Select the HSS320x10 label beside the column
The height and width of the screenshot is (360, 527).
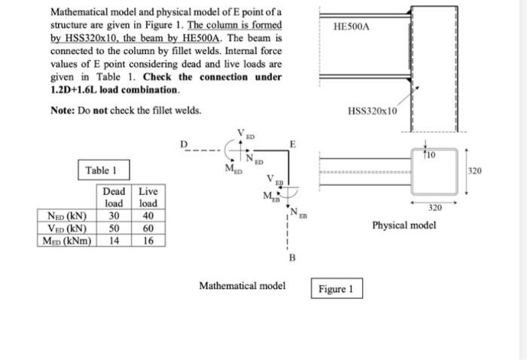(373, 111)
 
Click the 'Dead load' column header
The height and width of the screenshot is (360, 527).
(114, 197)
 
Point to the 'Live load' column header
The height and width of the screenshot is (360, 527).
(148, 197)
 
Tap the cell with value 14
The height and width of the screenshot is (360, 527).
(114, 240)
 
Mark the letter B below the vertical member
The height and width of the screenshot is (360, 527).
(292, 258)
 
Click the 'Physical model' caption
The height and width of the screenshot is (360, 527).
(404, 224)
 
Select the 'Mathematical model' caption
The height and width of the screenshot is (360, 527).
(242, 286)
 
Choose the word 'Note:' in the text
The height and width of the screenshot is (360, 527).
(63, 111)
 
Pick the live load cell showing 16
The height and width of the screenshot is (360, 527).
(148, 240)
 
